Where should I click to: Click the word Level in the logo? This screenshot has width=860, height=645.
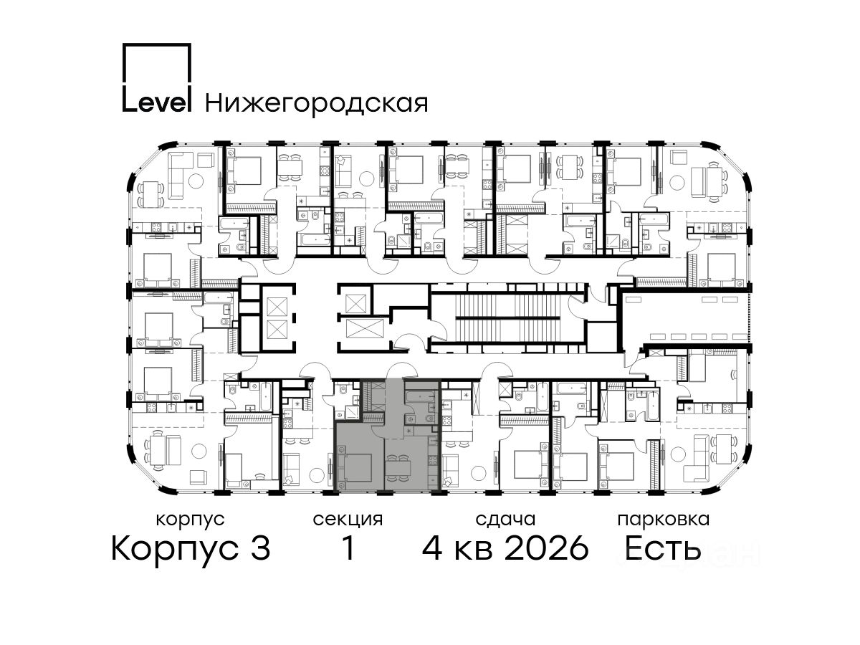[x=157, y=102]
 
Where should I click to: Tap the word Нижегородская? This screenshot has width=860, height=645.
[x=317, y=104]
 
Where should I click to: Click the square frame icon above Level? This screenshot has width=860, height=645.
[x=157, y=64]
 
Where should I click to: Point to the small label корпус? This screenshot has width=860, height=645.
[x=191, y=520]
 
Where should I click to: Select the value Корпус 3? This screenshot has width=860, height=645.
[x=191, y=548]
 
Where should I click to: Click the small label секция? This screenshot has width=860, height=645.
[x=348, y=520]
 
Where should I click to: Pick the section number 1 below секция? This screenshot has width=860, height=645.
[x=348, y=548]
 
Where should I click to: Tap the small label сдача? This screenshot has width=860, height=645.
[x=505, y=520]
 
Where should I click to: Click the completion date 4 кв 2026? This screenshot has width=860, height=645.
[x=505, y=548]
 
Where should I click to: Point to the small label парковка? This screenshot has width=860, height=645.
[x=664, y=519]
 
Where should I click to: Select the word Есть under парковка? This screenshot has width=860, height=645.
[x=662, y=548]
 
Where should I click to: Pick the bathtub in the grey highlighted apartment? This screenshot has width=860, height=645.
[x=420, y=397]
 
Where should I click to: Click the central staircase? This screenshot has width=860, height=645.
[x=508, y=317]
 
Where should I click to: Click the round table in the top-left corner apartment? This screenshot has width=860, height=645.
[x=196, y=180]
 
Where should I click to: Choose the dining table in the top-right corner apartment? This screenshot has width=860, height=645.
[x=712, y=182]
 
